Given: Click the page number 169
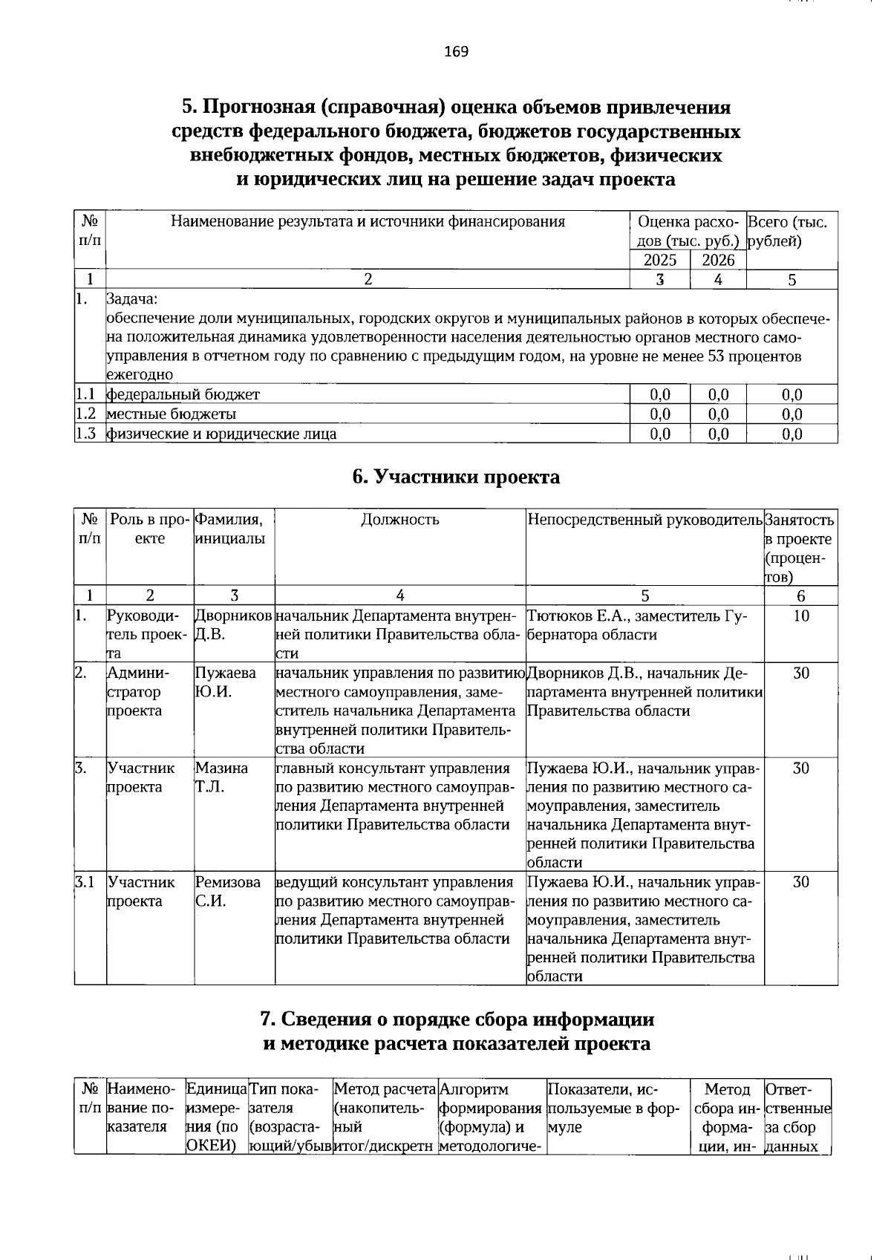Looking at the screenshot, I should point(456,51).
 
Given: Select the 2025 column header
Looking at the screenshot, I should point(659,260).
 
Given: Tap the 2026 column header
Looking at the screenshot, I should point(718,260).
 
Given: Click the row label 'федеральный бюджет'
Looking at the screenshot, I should point(183,394).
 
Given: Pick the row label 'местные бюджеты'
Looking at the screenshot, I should point(172,414).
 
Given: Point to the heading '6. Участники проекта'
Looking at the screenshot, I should point(456,477).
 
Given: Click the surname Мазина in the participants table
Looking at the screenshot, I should point(221,768).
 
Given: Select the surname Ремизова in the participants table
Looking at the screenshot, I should point(228,882).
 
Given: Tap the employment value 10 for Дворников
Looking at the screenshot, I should point(800,616).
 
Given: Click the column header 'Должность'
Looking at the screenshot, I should point(400,520).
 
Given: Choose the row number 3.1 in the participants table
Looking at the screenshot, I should point(85,882).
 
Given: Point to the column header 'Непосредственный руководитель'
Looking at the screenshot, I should point(644,520).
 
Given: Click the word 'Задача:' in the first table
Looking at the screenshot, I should point(132,299).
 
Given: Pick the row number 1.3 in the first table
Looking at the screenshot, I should point(88,434).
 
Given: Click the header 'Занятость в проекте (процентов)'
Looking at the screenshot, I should point(799,548).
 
